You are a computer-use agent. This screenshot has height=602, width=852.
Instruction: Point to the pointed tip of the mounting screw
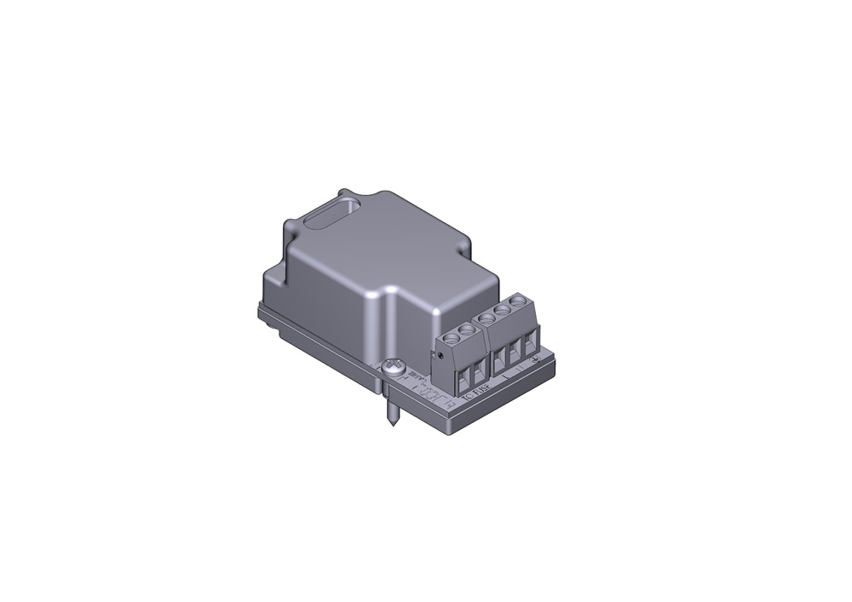point(392,425)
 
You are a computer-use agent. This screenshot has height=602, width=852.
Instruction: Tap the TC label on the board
point(465,396)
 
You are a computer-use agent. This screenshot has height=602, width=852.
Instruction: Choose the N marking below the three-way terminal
point(521,369)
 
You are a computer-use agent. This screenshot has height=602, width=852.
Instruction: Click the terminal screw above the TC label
point(452,336)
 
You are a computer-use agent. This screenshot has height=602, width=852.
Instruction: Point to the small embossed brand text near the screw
point(417,376)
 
